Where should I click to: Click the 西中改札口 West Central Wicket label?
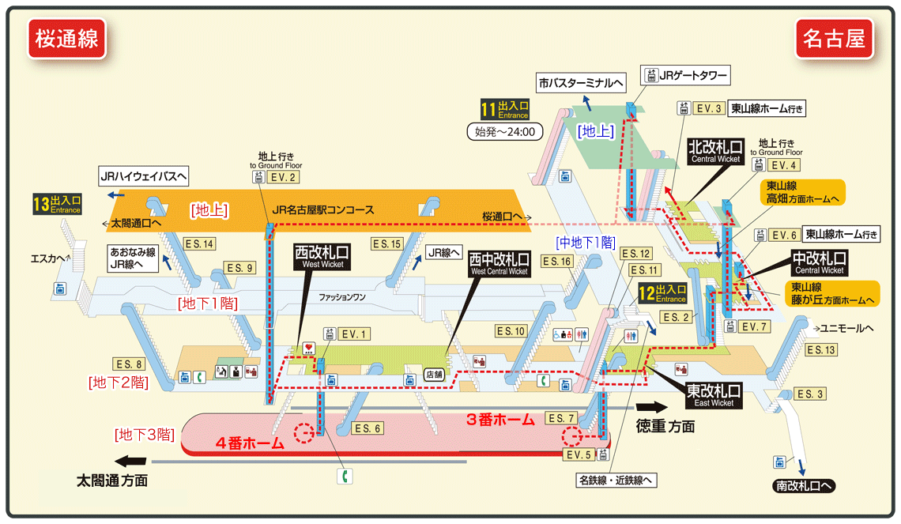pyautogui.click(x=500, y=263)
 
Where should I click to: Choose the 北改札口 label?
pyautogui.click(x=715, y=151)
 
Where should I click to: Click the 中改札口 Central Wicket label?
pyautogui.click(x=820, y=262)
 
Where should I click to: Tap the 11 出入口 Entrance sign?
pyautogui.click(x=504, y=109)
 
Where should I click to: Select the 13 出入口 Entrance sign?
pyautogui.click(x=57, y=205)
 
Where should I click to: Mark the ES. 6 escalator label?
pyautogui.click(x=364, y=428)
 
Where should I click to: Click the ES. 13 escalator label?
pyautogui.click(x=820, y=349)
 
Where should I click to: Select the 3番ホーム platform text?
pyautogui.click(x=500, y=420)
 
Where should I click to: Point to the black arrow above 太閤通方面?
pyautogui.click(x=130, y=462)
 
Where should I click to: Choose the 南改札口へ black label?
pyautogui.click(x=803, y=486)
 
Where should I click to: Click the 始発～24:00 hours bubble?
pyautogui.click(x=504, y=132)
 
